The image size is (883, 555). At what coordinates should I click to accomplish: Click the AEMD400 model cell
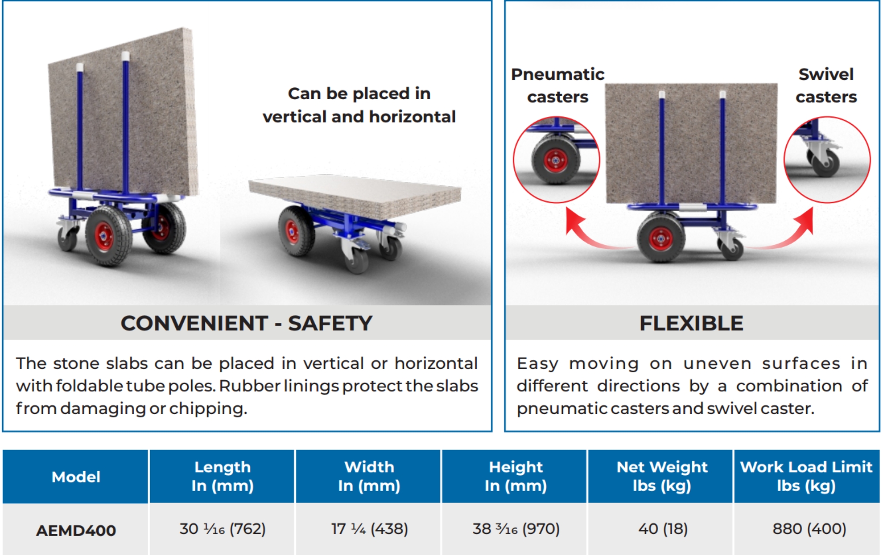coord(76,530)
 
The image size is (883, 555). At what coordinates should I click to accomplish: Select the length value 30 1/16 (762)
coord(223,529)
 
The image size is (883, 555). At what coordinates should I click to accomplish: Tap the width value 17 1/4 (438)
coord(370,529)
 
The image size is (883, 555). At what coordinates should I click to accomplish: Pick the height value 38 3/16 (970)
coord(516,529)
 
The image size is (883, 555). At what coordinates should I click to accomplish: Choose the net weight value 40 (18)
coord(663,529)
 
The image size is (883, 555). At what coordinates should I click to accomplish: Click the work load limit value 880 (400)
coord(809,529)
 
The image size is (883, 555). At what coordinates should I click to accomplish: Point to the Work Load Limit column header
coord(806,476)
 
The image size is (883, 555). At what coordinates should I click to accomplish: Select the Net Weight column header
coord(662,476)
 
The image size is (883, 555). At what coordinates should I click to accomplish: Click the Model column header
coord(76,477)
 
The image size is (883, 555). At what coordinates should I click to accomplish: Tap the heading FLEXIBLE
coord(691,323)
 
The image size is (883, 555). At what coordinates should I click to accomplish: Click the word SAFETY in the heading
coord(330,323)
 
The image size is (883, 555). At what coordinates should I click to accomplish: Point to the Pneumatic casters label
coord(558,85)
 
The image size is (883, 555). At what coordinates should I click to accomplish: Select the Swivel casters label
coord(826,85)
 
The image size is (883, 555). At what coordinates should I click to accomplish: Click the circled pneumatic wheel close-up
coord(556,160)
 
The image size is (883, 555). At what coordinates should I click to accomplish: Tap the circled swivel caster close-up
coord(827,160)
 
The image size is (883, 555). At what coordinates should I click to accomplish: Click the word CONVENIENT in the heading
coord(194,323)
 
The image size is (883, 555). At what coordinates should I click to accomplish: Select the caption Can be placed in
coord(359,94)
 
